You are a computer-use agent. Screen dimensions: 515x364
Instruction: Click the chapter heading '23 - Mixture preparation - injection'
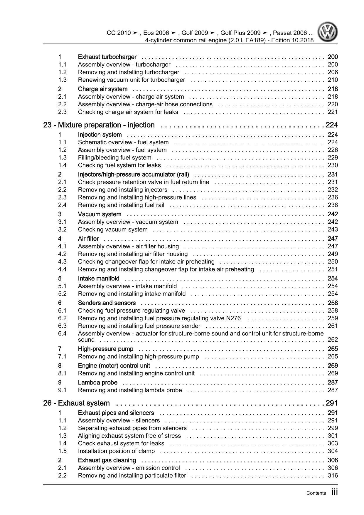[99, 125]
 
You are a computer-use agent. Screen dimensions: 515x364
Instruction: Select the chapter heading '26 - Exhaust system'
[76, 403]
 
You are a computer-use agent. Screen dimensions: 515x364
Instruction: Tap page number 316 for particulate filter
[333, 476]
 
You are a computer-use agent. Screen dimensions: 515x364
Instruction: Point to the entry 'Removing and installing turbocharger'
[129, 72]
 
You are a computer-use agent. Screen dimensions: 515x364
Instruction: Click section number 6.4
[62, 333]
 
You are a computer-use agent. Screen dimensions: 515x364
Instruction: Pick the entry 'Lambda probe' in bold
[97, 383]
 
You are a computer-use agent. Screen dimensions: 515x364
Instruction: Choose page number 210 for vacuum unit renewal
[333, 80]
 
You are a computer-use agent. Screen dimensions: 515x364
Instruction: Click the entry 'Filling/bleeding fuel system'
[114, 158]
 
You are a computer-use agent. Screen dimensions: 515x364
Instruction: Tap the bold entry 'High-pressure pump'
[105, 349]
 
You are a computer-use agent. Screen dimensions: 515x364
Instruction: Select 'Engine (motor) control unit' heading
[114, 366]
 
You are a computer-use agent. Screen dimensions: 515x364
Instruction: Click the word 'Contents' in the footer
[316, 493]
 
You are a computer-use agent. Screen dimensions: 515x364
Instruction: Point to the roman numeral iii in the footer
[334, 492]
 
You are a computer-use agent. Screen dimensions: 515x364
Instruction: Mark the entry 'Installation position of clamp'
[116, 451]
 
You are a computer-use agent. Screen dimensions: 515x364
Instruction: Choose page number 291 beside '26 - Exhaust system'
[332, 403]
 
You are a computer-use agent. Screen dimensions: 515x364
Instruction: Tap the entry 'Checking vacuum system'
[113, 230]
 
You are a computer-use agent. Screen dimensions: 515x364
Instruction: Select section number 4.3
[62, 262]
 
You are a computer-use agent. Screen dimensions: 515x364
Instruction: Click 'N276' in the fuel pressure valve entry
[233, 318]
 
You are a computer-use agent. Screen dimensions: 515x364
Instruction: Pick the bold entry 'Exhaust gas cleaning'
[107, 460]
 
